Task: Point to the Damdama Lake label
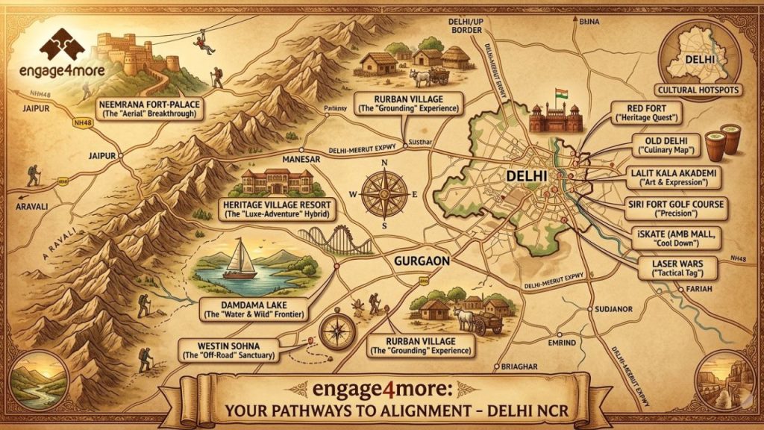tap(254, 308)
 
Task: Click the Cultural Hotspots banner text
tap(703, 90)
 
